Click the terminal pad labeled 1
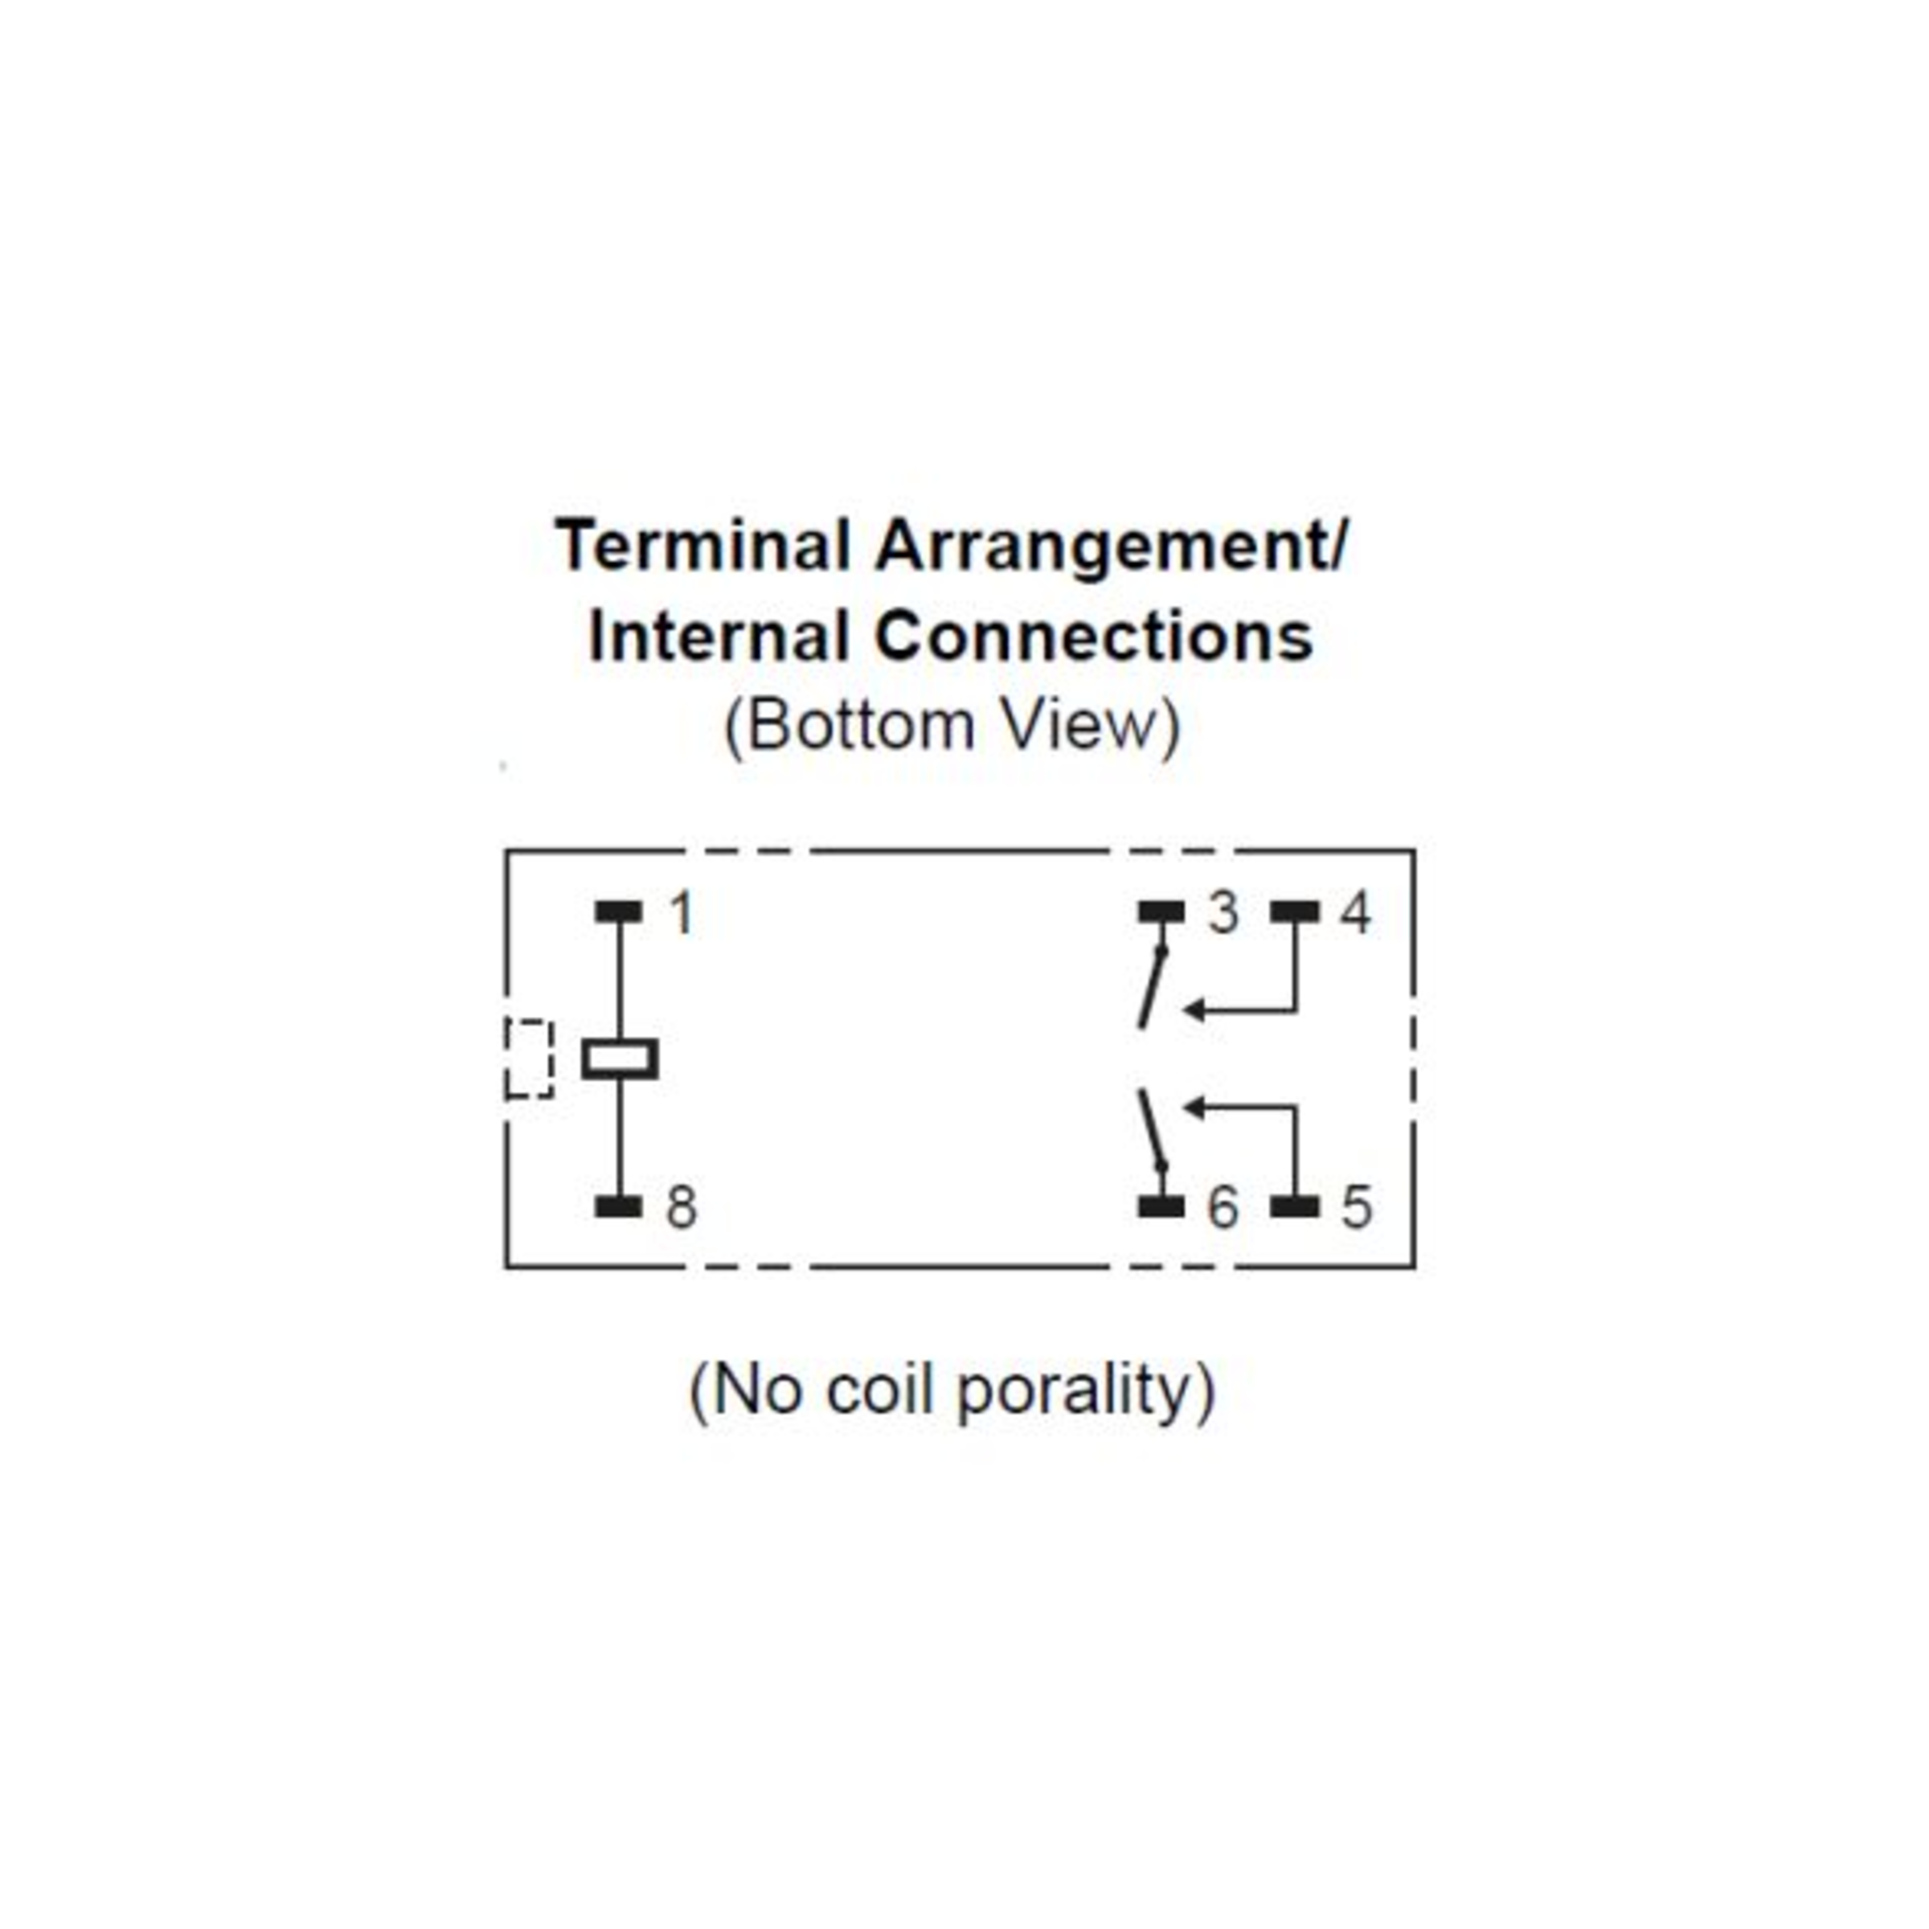(618, 911)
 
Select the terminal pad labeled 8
(618, 1206)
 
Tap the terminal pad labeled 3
(1161, 911)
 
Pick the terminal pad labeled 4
(1295, 911)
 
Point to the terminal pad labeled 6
(1161, 1206)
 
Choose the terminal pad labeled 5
(1295, 1206)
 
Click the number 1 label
(682, 912)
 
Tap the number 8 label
(682, 1207)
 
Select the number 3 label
(1223, 912)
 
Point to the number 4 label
(1355, 912)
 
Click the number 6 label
(1223, 1207)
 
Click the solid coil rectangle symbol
(620, 1059)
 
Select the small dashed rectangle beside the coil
(528, 1059)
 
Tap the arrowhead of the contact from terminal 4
(1193, 1010)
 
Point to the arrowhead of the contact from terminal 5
(1193, 1106)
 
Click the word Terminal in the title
(704, 547)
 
